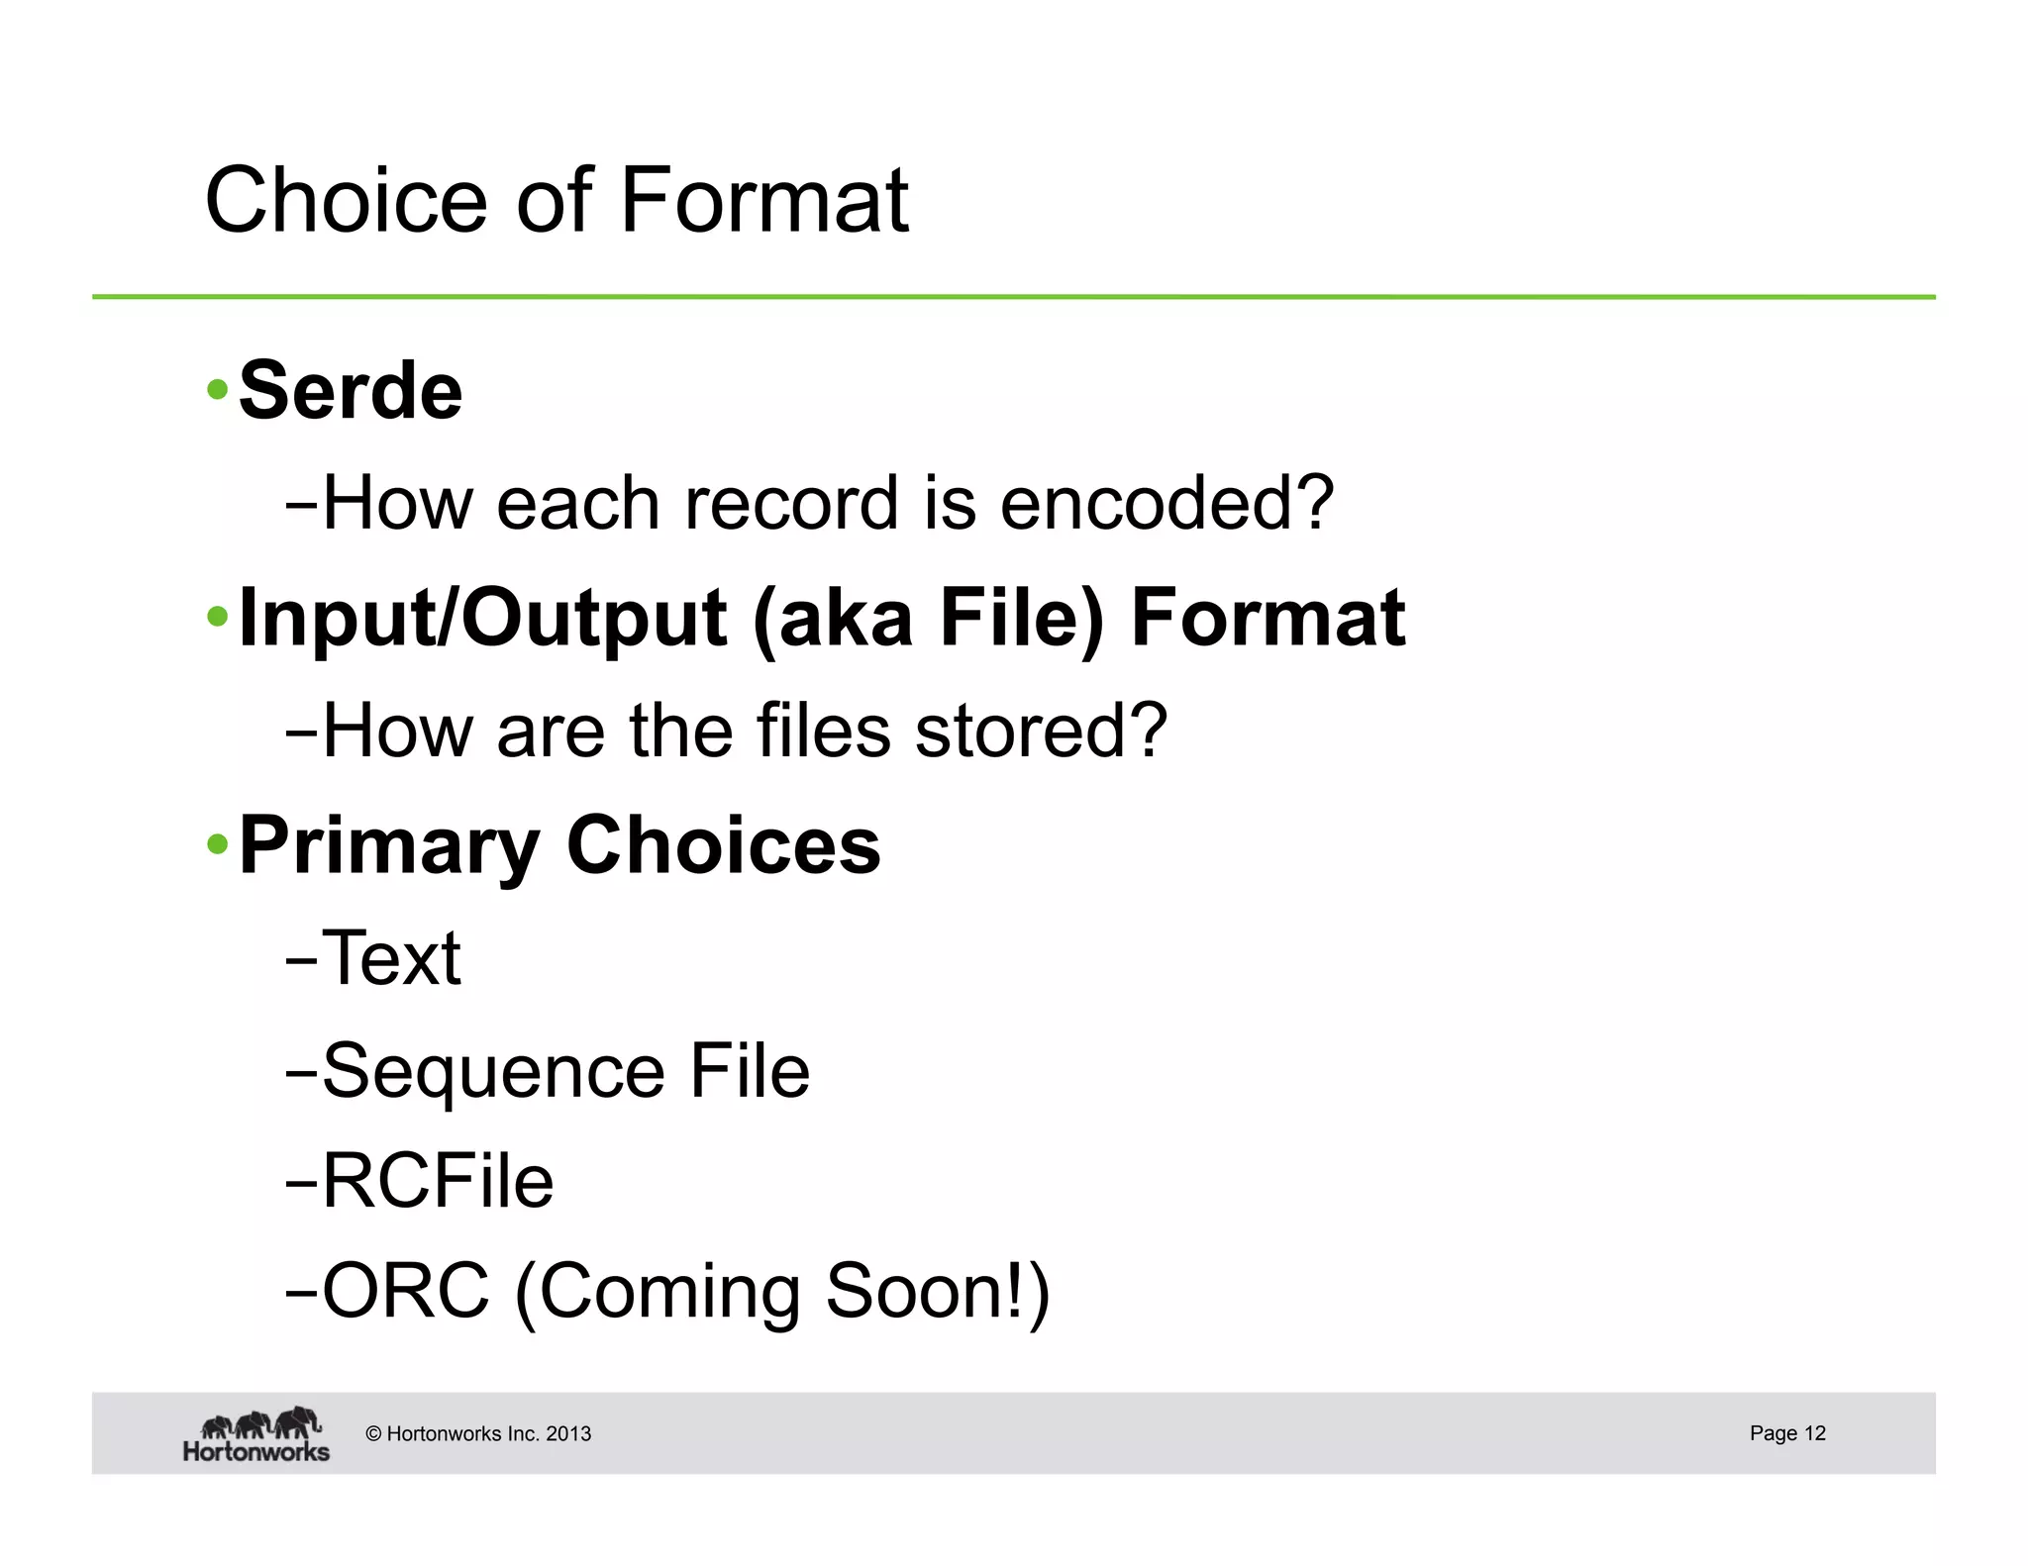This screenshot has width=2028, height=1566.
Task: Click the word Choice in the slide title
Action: (x=346, y=201)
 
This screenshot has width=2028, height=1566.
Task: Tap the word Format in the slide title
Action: (x=763, y=201)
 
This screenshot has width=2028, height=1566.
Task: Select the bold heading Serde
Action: (x=351, y=391)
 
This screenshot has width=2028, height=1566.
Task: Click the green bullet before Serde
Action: (x=217, y=390)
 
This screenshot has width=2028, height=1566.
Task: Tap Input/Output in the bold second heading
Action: (x=483, y=618)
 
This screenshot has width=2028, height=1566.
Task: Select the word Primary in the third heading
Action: (x=390, y=846)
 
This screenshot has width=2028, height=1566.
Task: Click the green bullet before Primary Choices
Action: (x=217, y=845)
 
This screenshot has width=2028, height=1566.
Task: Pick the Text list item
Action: (x=391, y=958)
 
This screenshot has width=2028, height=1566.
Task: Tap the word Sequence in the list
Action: (x=493, y=1071)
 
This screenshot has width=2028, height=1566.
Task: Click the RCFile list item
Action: (x=438, y=1181)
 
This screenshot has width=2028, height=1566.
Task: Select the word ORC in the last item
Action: (x=406, y=1291)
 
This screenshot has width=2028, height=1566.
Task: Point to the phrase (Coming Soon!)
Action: (x=782, y=1293)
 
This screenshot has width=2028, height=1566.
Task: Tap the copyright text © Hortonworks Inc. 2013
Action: (x=478, y=1433)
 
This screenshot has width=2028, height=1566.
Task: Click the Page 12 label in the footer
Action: (x=1786, y=1433)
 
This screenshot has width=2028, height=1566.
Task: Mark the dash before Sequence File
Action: (x=300, y=1073)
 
